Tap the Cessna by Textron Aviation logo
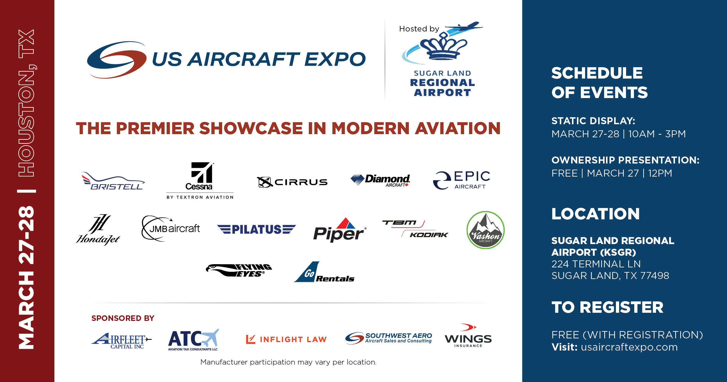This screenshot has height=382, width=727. [x=200, y=180]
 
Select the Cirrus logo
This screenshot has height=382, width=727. [x=292, y=182]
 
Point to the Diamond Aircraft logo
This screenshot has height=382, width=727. [x=380, y=180]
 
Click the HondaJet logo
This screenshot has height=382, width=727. [x=98, y=230]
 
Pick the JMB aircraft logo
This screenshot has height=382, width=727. [x=171, y=229]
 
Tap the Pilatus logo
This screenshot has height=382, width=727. [x=256, y=229]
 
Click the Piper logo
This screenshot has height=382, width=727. [x=340, y=230]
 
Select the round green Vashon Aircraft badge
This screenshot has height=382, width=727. [x=485, y=230]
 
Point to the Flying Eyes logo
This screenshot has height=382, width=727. [x=239, y=270]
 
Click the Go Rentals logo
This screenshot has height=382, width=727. [x=324, y=272]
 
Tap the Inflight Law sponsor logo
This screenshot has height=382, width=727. [x=286, y=339]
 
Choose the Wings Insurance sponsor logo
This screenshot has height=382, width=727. [x=468, y=335]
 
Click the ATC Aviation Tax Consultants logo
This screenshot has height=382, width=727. [x=193, y=340]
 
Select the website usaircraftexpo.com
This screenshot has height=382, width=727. [x=629, y=347]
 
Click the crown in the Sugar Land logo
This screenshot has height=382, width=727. [x=443, y=46]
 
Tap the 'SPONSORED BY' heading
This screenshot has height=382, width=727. [x=123, y=318]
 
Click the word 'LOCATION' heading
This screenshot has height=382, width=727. [x=596, y=214]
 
